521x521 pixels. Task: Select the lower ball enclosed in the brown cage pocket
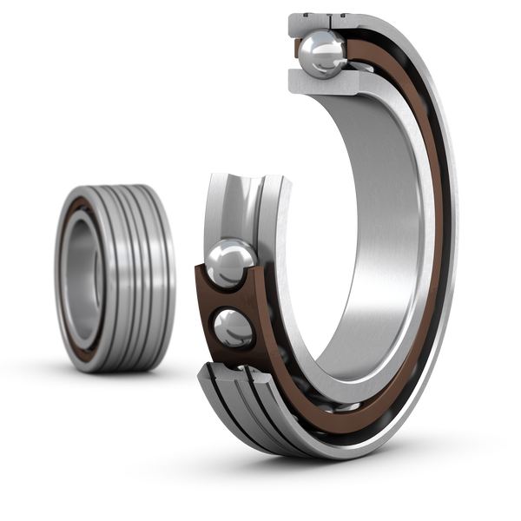tap(232, 329)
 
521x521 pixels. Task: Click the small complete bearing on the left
tap(113, 274)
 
